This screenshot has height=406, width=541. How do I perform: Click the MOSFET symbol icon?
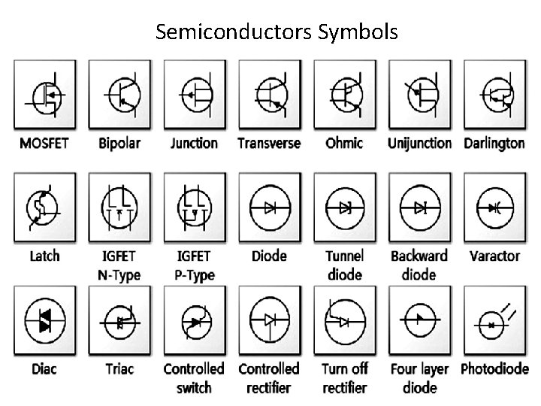(x=44, y=94)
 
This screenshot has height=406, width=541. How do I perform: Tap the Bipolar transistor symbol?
(x=119, y=94)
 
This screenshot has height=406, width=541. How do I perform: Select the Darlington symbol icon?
(x=494, y=94)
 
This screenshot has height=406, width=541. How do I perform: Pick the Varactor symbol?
(x=494, y=207)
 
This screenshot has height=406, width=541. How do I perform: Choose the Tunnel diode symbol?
(x=344, y=207)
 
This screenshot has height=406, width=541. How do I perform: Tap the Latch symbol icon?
(x=44, y=207)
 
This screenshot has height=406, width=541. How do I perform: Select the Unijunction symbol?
(x=419, y=94)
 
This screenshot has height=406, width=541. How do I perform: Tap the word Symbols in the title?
(x=356, y=32)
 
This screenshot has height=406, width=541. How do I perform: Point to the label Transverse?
(x=269, y=143)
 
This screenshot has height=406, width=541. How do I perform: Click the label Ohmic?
(x=344, y=143)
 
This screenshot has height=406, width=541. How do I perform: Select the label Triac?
(x=119, y=369)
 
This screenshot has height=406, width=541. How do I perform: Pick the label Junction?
(x=194, y=143)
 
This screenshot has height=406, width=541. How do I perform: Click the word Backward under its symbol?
(x=419, y=256)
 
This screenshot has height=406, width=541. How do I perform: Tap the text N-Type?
(x=119, y=275)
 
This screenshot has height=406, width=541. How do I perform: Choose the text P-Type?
(x=194, y=275)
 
